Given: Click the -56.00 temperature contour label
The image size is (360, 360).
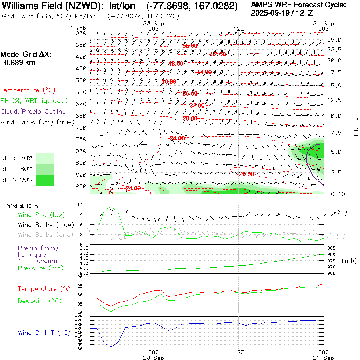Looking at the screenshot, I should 190,46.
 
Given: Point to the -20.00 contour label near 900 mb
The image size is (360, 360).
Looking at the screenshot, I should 246,174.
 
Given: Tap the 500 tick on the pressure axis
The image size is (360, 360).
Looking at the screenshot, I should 81,80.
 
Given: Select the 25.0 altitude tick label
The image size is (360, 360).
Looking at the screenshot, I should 334,40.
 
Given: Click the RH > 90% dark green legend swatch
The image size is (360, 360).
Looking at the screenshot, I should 44,180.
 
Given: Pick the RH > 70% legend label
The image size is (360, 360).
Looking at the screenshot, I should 16,158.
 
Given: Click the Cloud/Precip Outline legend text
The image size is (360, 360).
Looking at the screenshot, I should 33,112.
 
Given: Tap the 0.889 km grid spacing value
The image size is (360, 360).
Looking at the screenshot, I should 20,62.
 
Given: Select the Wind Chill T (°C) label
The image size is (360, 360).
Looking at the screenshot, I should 44,332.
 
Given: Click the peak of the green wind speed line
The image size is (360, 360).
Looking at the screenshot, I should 112,207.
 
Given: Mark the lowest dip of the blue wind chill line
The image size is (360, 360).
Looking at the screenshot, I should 111,346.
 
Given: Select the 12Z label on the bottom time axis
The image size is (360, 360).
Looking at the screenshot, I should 238,353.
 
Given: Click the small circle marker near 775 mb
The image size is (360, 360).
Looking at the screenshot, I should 168,145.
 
